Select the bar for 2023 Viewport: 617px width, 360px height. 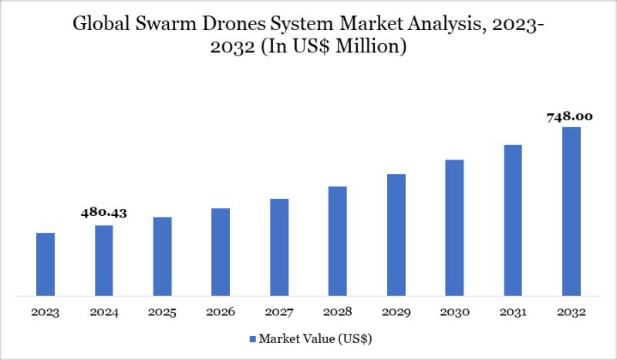(46, 264)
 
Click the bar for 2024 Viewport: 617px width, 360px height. (104, 260)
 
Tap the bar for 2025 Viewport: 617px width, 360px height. (162, 256)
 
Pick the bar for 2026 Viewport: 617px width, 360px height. (221, 251)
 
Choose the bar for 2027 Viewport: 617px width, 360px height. (279, 247)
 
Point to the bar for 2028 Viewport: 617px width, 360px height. (338, 241)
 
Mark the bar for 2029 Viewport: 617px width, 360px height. (396, 234)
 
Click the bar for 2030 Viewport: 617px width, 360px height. (454, 227)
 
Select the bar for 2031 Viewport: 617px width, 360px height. (513, 220)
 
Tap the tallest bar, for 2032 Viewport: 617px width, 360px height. (571, 211)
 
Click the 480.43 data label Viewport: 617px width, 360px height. (104, 214)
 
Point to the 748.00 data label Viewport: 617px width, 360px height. (571, 116)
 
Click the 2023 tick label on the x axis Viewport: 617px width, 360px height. (46, 312)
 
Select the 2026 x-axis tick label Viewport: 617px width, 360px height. (221, 312)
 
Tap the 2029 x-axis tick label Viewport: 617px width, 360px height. (396, 312)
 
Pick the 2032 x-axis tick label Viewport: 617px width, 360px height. (571, 312)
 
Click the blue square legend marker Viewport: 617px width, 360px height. (252, 338)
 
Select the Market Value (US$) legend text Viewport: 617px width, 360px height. (315, 338)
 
